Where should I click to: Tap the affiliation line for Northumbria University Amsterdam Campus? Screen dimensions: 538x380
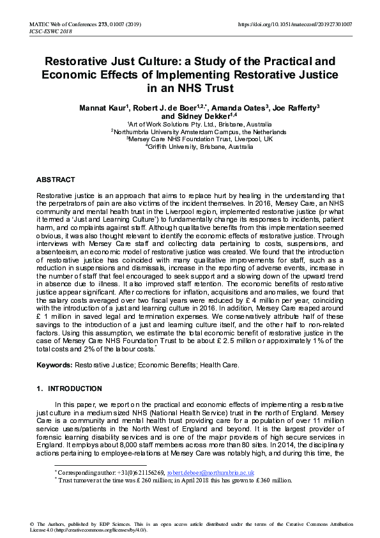click(190, 132)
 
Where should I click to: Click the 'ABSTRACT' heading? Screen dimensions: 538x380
click(56, 180)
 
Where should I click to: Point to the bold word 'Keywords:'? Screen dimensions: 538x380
click(54, 365)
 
